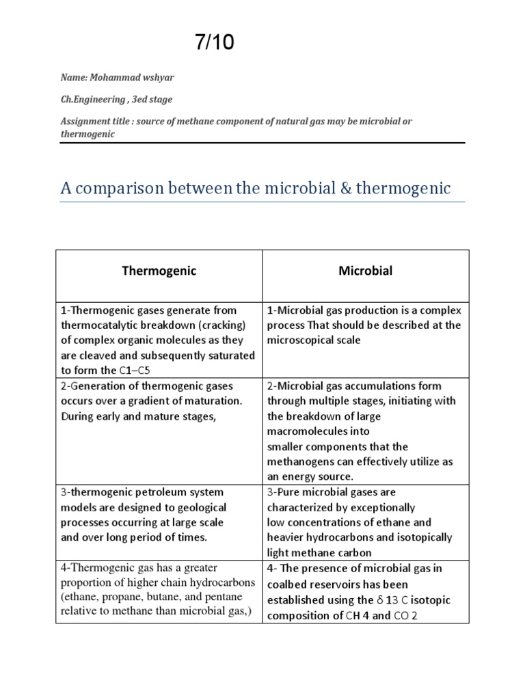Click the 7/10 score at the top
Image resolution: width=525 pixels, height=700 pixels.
click(x=215, y=42)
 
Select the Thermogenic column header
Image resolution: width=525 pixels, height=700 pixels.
click(x=159, y=271)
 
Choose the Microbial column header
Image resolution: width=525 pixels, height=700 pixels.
click(x=366, y=271)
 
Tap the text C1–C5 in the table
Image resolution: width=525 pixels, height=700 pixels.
click(x=135, y=371)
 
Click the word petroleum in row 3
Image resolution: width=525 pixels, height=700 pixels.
click(x=150, y=492)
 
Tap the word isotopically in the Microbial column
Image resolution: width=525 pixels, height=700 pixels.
click(x=423, y=537)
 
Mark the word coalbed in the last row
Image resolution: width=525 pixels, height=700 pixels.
click(x=288, y=584)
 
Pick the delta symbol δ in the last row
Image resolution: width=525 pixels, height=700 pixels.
click(x=380, y=600)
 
